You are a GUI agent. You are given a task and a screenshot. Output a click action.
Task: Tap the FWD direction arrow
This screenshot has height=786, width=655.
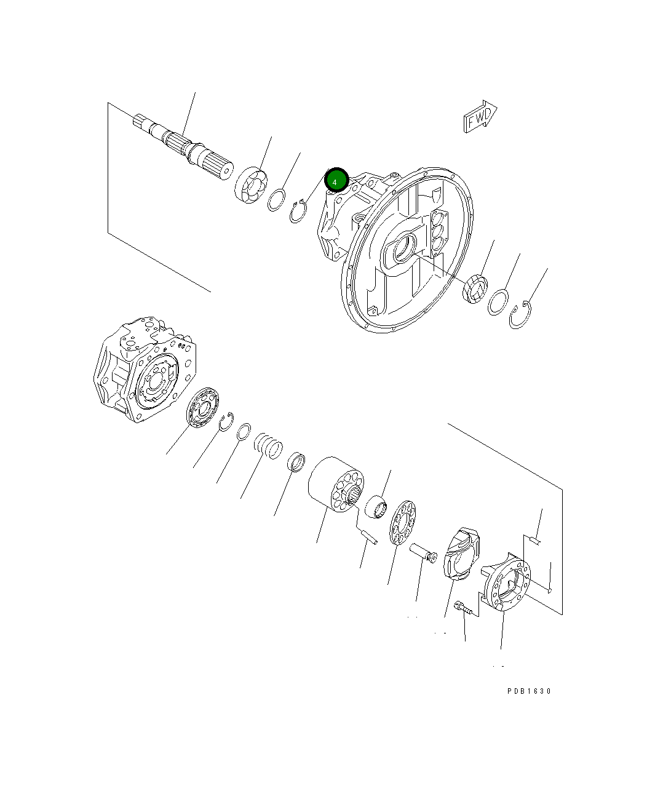click(480, 117)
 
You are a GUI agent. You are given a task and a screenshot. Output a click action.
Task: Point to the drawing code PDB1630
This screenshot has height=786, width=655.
click(529, 691)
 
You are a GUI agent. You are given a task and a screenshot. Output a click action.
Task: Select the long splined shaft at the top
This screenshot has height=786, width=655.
click(184, 148)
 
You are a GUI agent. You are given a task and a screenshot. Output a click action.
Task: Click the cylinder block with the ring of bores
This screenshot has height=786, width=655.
click(336, 483)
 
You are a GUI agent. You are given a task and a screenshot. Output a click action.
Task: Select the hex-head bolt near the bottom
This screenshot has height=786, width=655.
click(463, 609)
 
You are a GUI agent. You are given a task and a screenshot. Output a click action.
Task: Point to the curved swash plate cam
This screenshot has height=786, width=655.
click(463, 552)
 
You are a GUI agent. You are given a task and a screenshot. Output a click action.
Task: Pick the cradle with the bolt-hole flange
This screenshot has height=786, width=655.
click(507, 582)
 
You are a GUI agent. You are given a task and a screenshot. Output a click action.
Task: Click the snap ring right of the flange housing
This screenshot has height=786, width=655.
click(520, 315)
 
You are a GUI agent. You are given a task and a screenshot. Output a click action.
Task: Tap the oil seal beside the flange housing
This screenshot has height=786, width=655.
click(475, 289)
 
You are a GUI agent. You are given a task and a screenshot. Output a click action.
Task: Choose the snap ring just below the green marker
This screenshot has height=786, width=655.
click(298, 211)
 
